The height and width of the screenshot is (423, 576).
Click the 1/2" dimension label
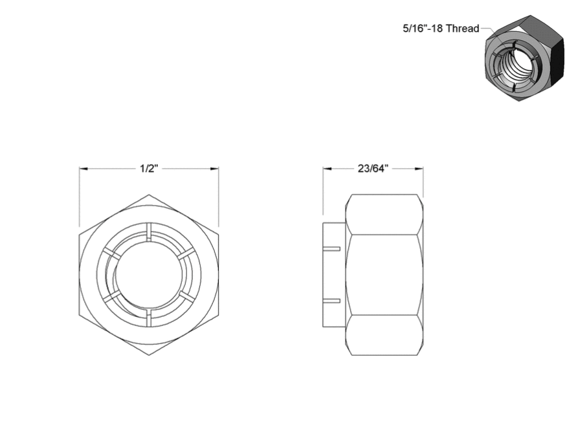(x=149, y=169)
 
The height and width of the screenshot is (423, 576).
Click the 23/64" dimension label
(x=373, y=169)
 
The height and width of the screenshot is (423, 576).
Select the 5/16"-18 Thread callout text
(x=441, y=28)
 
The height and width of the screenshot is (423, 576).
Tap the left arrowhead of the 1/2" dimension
(x=83, y=169)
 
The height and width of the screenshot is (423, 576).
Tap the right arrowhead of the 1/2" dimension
(x=214, y=169)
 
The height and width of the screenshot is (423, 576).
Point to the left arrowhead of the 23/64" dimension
(x=327, y=169)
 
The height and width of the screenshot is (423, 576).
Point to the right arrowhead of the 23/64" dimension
(x=419, y=169)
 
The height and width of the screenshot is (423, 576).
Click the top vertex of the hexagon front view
(x=149, y=195)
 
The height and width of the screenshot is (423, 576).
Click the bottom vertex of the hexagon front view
(x=149, y=355)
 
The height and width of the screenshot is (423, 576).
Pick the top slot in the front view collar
(x=149, y=232)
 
